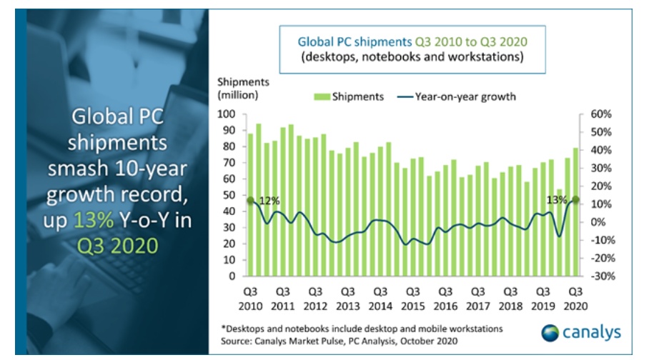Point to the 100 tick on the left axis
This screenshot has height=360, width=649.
(x=230, y=114)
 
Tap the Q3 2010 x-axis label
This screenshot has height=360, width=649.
(x=250, y=298)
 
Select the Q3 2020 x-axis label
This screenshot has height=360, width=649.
(x=575, y=298)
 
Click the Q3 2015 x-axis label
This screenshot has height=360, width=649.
(x=412, y=298)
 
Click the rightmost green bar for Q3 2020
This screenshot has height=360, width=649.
(x=575, y=211)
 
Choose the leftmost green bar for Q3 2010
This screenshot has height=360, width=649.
(x=250, y=204)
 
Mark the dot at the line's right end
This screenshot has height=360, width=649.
(x=575, y=200)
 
